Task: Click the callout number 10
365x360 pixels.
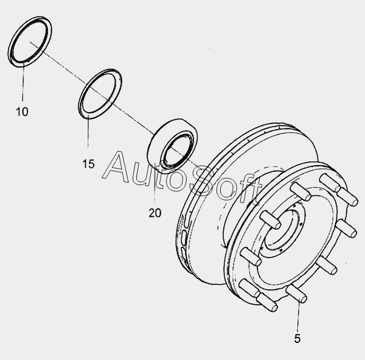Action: pos(22,111)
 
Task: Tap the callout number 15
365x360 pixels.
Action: pos(88,164)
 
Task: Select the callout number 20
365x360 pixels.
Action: pos(155,213)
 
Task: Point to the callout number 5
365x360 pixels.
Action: pos(297,339)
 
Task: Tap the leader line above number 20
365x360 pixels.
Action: pos(155,185)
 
